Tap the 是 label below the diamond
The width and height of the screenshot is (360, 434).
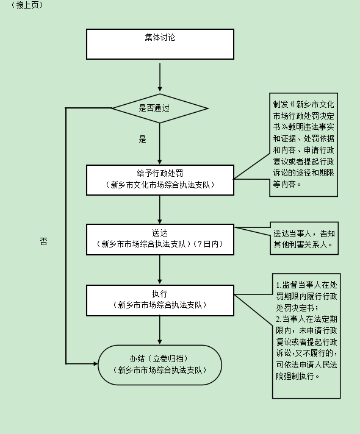tap(142, 139)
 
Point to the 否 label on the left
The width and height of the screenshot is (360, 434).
tap(43, 241)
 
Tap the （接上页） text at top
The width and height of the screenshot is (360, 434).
tap(27, 5)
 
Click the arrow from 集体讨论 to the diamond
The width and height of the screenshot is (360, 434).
tap(160, 77)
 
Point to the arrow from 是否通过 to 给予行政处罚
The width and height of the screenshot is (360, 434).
tap(160, 144)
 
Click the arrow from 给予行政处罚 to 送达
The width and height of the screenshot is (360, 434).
tap(160, 210)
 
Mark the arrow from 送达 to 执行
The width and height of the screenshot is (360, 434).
tap(160, 269)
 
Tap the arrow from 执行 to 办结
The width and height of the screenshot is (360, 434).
tap(160, 330)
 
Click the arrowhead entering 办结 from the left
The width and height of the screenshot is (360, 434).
tap(96, 364)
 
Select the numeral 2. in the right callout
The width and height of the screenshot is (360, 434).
tap(278, 319)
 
